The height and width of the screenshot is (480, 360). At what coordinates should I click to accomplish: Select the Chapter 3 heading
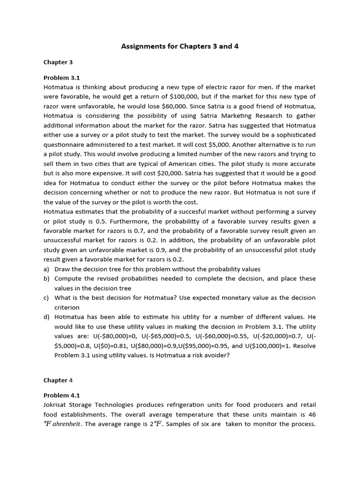coord(58,62)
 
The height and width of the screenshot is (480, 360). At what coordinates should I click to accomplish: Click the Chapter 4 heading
coord(58,380)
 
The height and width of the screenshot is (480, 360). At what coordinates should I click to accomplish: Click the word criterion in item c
coord(67,307)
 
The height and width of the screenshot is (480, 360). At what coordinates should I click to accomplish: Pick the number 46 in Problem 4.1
coord(311,414)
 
